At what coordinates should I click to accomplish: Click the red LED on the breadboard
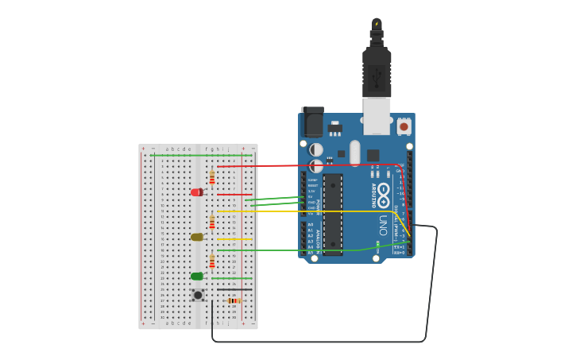[196, 192]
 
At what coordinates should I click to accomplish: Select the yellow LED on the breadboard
[196, 237]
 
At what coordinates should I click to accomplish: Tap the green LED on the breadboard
[196, 277]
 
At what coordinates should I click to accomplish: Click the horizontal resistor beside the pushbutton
[234, 300]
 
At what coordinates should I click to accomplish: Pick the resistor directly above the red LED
[212, 177]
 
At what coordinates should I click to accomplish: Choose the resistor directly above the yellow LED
[212, 223]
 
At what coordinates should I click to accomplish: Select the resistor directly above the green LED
[212, 261]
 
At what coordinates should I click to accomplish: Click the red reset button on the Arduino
[404, 126]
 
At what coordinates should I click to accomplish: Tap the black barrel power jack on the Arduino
[312, 122]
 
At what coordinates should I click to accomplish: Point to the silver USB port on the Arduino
[377, 113]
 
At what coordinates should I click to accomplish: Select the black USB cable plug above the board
[377, 72]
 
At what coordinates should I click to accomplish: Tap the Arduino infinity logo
[384, 192]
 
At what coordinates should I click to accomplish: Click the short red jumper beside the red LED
[234, 194]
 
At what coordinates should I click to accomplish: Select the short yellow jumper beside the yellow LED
[235, 238]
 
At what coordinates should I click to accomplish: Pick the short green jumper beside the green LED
[235, 278]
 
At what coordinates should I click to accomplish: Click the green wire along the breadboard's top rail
[199, 155]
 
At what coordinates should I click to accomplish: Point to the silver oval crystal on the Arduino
[354, 152]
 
